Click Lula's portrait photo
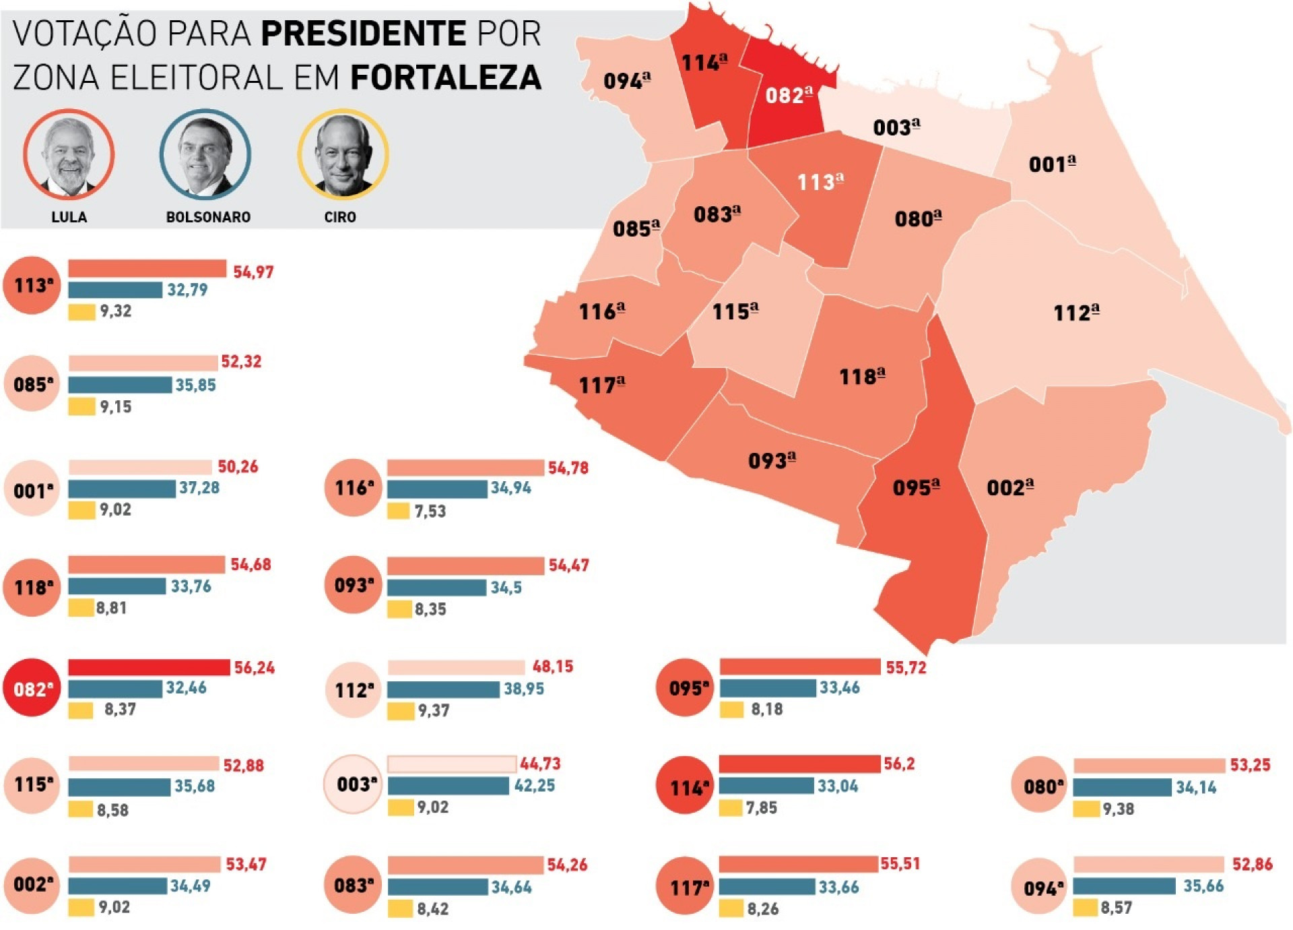coord(69,154)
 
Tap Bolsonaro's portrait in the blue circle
coord(205,154)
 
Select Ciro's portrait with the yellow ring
coord(343,154)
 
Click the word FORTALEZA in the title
coord(446,77)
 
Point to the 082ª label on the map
coord(789,95)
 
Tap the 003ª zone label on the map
coord(896,127)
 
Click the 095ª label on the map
coord(916,487)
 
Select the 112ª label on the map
coord(1076,312)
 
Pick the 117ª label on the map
coord(602,385)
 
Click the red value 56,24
coord(255,668)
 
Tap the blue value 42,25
coord(535,786)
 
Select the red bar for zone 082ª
coord(149,667)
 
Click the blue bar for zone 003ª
coord(448,786)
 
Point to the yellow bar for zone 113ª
coord(81,312)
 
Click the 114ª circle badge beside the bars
coord(684,786)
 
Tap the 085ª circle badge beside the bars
coord(32,384)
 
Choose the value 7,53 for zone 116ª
coord(430,511)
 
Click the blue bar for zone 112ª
coord(443,689)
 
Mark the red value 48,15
coord(553,666)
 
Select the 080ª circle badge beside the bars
coord(1040,786)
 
